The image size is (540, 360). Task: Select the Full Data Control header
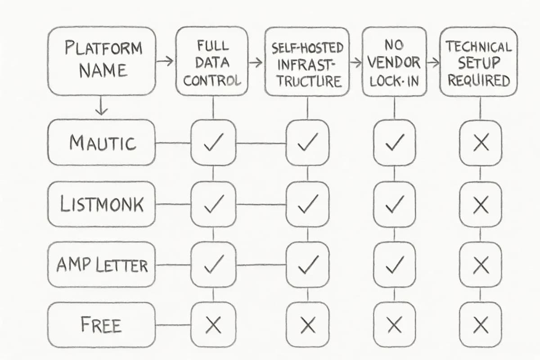[212, 62]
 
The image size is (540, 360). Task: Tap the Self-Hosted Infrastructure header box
[307, 62]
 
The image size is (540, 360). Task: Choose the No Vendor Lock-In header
[394, 62]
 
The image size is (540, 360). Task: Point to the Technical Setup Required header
[479, 62]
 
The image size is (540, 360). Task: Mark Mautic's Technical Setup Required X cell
[481, 143]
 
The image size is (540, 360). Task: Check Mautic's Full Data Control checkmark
[213, 143]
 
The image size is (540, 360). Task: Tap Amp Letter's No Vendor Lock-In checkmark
[394, 265]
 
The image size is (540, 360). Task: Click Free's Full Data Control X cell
[213, 324]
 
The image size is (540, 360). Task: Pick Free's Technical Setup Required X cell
[481, 324]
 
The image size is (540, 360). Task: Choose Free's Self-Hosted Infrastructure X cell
[307, 324]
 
